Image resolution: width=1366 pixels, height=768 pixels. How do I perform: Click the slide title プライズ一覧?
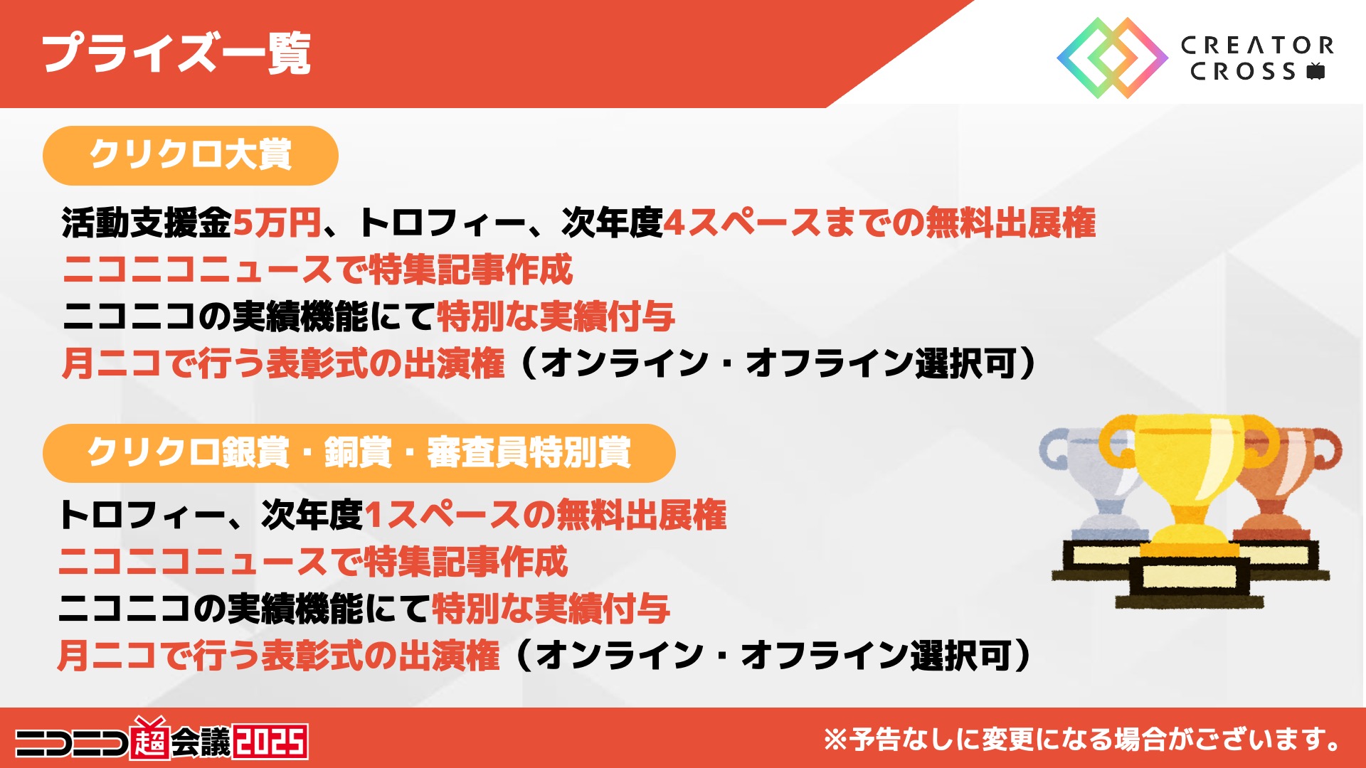click(x=176, y=53)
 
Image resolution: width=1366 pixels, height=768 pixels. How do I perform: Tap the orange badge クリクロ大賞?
click(x=191, y=155)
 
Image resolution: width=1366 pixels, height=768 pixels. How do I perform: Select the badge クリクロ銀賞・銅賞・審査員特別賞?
click(x=359, y=453)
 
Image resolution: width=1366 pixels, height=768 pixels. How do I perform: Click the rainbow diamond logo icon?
click(x=1112, y=58)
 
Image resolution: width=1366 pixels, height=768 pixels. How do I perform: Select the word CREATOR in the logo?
click(x=1257, y=46)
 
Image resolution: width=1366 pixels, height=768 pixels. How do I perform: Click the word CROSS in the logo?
click(x=1243, y=71)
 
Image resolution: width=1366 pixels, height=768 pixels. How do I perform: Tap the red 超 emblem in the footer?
click(x=150, y=740)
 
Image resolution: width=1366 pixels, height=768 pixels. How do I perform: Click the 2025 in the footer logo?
click(x=271, y=742)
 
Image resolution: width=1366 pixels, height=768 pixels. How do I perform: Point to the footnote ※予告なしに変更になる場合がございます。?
click(x=1081, y=740)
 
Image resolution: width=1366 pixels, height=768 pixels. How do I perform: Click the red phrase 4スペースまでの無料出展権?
click(x=879, y=223)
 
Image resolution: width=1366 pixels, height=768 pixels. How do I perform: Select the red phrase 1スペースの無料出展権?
click(x=546, y=515)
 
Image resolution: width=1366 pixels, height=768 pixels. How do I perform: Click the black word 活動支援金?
click(x=147, y=223)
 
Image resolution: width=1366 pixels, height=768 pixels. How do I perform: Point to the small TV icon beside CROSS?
click(x=1316, y=71)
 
